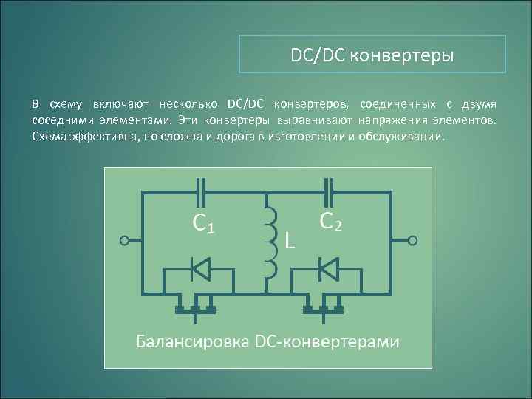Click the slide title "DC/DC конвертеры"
[372, 55]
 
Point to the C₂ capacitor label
[330, 220]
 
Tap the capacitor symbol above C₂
[330, 191]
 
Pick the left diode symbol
[199, 269]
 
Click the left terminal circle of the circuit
[125, 240]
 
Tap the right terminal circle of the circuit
[414, 240]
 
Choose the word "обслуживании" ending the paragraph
[402, 137]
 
